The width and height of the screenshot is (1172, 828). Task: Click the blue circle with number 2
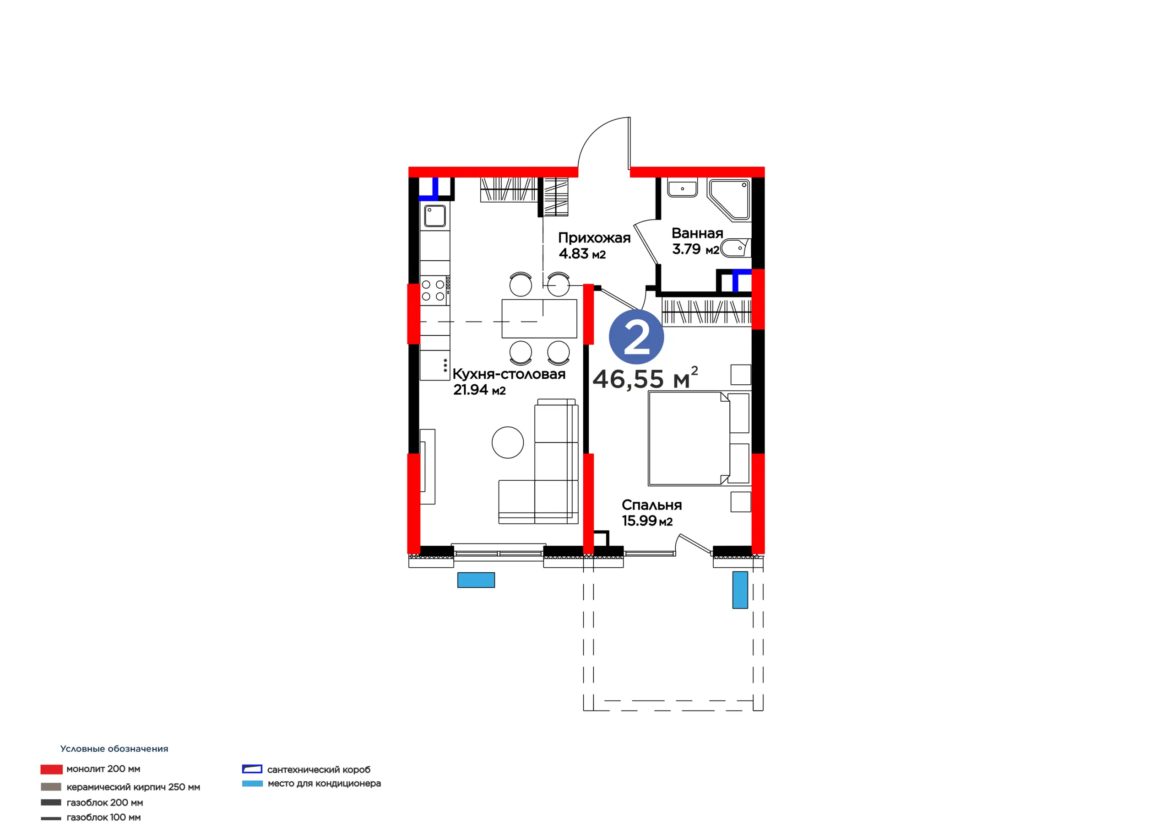pos(636,337)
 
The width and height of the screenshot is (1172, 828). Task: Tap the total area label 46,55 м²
pos(645,378)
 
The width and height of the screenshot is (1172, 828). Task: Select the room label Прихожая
pos(594,238)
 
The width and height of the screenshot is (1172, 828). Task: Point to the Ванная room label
pos(697,233)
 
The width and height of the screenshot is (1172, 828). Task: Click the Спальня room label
pos(651,505)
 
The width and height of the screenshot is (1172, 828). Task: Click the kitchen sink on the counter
pos(435,216)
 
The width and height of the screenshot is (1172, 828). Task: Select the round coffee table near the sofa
pos(507,442)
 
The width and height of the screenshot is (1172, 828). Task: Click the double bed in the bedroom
pos(699,438)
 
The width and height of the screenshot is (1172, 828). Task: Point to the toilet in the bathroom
pos(735,248)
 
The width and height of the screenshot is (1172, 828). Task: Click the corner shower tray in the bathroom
pos(729,199)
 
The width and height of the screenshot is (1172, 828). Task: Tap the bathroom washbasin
pos(683,188)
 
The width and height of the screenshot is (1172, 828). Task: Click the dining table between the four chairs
pos(539,319)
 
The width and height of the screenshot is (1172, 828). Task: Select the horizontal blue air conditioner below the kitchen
pos(476,580)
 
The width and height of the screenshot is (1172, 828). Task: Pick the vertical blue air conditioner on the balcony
pos(740,590)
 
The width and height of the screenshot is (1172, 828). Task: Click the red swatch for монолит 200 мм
pos(52,769)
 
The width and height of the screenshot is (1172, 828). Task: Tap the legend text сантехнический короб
pos(319,769)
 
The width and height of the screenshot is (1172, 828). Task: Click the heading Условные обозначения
pos(114,748)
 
